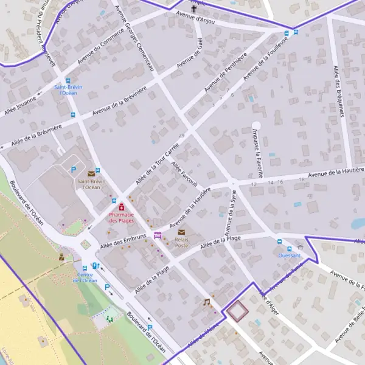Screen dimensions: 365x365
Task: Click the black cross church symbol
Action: (195, 9)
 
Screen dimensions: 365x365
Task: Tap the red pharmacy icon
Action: (121, 207)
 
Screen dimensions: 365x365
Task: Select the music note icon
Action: (206, 302)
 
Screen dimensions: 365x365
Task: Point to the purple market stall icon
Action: (158, 236)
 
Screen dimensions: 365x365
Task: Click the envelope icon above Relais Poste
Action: (181, 232)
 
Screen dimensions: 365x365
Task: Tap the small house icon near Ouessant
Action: (300, 248)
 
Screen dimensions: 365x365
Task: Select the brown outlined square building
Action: (237, 311)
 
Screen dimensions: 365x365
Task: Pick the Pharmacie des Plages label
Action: (121, 217)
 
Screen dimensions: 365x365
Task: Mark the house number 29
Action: (181, 135)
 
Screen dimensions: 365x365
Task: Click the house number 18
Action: (302, 180)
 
